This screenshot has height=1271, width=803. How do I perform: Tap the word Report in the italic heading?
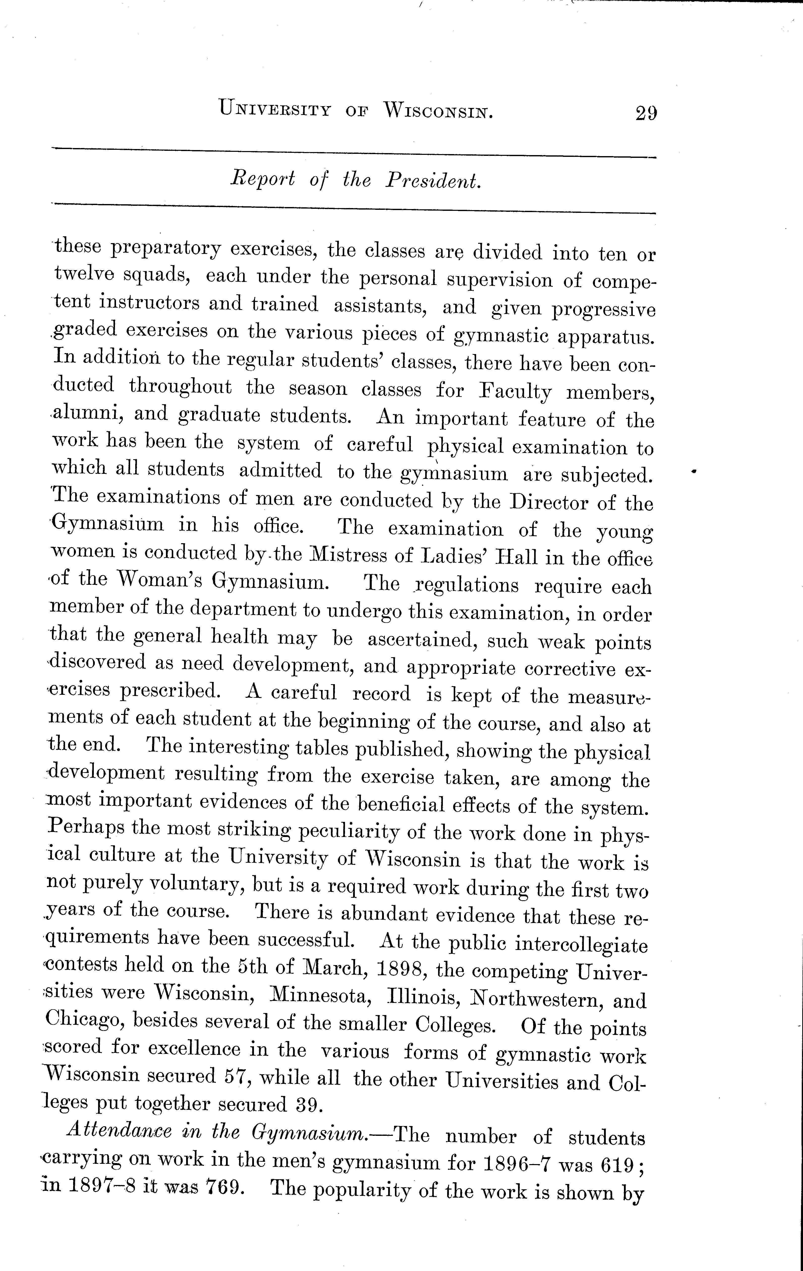[262, 180]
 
